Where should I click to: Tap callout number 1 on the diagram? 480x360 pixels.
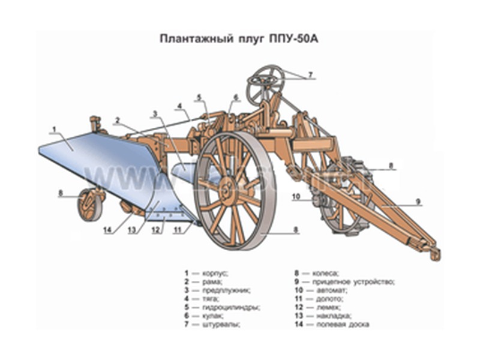tap(54, 129)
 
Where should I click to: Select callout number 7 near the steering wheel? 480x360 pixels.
tap(311, 76)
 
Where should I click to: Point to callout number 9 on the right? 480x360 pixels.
tap(418, 201)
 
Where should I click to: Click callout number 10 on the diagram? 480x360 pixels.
tap(296, 196)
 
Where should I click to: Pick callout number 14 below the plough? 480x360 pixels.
tap(107, 229)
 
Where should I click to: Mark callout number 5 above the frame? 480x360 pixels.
tap(199, 97)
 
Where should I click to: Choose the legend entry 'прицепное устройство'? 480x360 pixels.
tap(353, 281)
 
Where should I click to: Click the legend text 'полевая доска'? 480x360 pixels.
tap(340, 325)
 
